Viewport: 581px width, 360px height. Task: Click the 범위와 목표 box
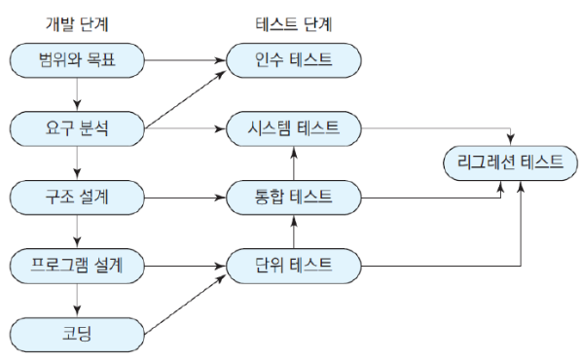[77, 60]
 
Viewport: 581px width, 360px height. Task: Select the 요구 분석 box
[77, 126]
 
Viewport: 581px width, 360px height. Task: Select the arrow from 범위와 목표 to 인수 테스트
[185, 60]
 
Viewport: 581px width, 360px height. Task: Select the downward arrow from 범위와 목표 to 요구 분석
[77, 93]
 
